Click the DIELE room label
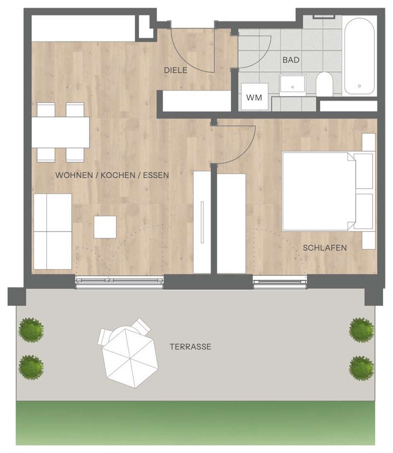[x=175, y=70]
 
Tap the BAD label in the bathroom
[x=291, y=60]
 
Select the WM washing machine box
[x=254, y=96]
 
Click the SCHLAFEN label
[x=325, y=248]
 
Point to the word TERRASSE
[x=190, y=346]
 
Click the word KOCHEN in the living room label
[x=118, y=175]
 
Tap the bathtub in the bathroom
[x=359, y=56]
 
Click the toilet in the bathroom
[x=324, y=84]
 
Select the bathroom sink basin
[x=292, y=84]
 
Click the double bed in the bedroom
[x=328, y=191]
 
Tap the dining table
[x=60, y=132]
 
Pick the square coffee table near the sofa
[x=105, y=227]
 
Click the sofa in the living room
[x=53, y=231]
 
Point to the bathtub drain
[x=359, y=86]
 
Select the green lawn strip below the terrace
[x=196, y=423]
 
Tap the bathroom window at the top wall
[x=324, y=16]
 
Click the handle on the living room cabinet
[x=202, y=222]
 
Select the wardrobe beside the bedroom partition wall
[x=231, y=223]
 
